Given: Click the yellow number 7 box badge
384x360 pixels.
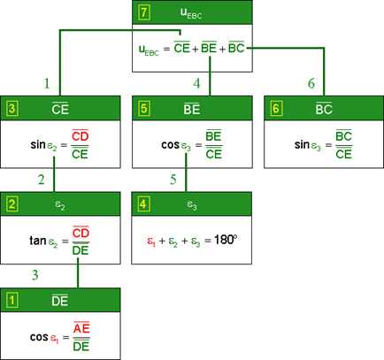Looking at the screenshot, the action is point(144,12).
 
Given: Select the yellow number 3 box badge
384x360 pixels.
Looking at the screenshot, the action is point(12,109).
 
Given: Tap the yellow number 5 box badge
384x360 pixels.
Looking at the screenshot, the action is point(143,109).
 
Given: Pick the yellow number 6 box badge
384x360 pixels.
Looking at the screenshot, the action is point(276,109).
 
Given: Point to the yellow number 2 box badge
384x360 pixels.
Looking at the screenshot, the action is point(12,204).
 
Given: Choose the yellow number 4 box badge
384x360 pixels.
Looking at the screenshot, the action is point(143,204).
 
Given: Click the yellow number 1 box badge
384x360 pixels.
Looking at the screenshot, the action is point(12,301).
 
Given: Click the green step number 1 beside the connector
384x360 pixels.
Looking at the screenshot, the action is point(47,83).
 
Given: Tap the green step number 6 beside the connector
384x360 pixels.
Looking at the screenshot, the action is point(311,83).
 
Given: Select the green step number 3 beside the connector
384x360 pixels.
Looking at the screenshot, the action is point(35,275).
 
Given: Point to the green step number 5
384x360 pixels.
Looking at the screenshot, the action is point(173,180).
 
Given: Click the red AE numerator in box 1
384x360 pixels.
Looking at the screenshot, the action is point(81,328).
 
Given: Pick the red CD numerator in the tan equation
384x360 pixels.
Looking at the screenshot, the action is point(81,233).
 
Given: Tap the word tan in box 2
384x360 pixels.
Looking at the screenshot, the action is point(38,241).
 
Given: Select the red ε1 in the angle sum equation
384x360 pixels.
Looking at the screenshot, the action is point(151,241).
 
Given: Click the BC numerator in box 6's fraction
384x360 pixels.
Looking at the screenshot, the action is point(343,136).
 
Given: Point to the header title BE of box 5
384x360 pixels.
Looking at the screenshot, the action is point(192,109).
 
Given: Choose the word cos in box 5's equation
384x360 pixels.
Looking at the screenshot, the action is point(171,145).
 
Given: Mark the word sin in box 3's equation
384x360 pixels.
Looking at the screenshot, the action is point(38,144).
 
